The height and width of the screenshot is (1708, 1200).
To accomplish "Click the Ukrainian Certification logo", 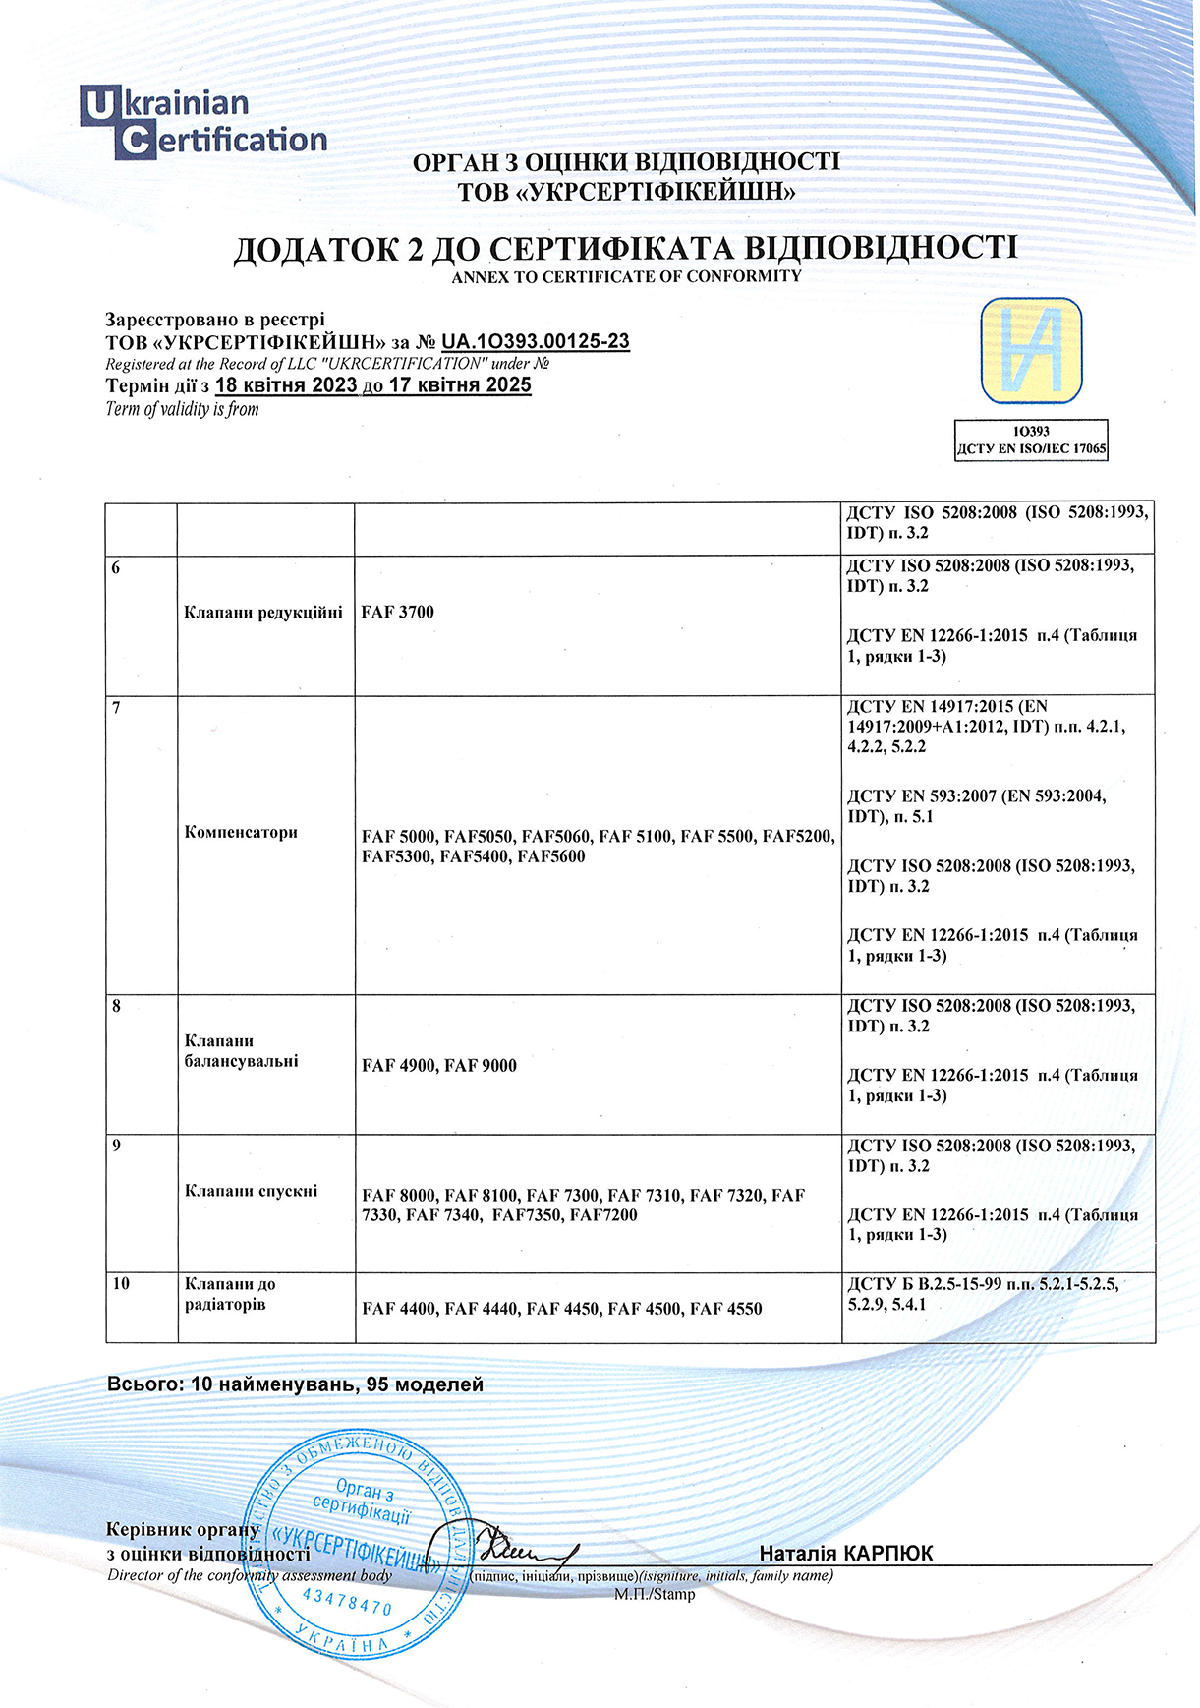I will click(x=202, y=123).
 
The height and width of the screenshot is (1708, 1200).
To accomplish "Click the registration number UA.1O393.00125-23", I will click(x=536, y=342).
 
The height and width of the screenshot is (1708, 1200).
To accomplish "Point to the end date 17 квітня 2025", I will click(x=460, y=385).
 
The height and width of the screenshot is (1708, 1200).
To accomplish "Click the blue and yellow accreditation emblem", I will click(x=1031, y=351).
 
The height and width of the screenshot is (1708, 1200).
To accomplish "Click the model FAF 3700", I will click(x=397, y=612).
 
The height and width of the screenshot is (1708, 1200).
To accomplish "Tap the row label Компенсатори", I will click(x=241, y=832).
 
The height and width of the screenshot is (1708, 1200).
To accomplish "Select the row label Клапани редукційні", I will click(x=263, y=612).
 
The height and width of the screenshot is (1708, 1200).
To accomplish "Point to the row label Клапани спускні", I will click(x=252, y=1191).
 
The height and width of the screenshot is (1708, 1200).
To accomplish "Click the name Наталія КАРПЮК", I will click(x=845, y=1554).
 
